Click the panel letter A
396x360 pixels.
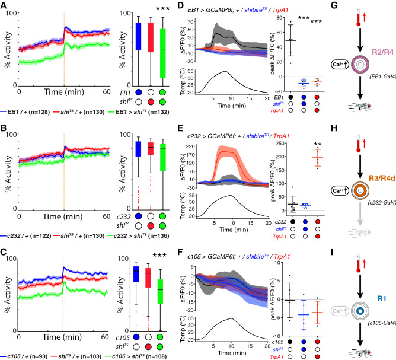[5, 5]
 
